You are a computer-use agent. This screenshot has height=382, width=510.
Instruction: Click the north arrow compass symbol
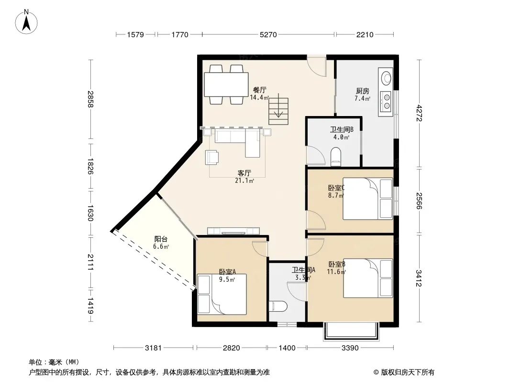26,22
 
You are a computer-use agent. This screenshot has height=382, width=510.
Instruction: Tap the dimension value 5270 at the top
268,34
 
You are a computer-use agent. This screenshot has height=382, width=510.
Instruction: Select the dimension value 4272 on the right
419,113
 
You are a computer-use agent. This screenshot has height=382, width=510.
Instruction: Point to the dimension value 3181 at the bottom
153,348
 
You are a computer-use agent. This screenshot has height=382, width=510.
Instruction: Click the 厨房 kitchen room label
362,91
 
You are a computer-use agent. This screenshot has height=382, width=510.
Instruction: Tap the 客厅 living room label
244,173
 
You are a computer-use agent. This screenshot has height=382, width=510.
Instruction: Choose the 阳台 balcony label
161,239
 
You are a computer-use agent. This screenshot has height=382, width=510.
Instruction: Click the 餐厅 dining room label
260,90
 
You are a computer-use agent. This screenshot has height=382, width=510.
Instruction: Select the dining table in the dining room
226,85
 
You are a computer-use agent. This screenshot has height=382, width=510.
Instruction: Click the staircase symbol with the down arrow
278,109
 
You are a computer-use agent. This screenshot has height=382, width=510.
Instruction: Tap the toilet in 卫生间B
335,155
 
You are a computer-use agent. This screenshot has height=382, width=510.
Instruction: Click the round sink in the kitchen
387,78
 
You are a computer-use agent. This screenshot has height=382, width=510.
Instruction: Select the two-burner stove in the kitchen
386,101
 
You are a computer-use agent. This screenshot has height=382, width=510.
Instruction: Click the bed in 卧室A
222,294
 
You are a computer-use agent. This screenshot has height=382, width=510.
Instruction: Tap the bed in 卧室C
368,199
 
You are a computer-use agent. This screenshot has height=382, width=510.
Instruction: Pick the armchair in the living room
212,157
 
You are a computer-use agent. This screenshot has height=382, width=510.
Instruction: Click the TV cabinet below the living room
233,231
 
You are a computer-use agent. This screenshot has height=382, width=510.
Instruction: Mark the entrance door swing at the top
317,66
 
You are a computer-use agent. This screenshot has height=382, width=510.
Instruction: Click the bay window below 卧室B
351,331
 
